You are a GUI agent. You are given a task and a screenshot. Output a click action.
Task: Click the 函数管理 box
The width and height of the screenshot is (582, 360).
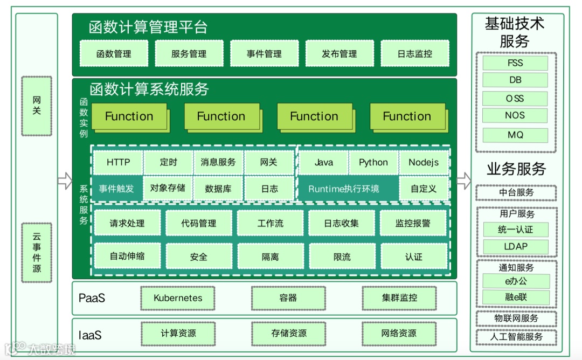click(x=114, y=54)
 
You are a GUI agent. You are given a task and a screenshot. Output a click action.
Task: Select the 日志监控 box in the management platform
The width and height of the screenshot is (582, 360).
click(x=415, y=54)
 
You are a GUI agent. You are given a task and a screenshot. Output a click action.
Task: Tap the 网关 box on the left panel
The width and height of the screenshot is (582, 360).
click(x=37, y=106)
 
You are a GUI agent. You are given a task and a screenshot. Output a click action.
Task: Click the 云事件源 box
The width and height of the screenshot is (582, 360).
click(x=37, y=252)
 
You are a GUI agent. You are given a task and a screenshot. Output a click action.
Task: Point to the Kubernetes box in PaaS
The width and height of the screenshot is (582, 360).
click(x=178, y=298)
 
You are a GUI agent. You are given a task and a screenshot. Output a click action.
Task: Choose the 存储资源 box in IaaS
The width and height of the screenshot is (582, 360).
click(x=289, y=334)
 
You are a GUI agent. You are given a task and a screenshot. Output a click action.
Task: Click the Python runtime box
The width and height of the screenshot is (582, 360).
click(x=373, y=162)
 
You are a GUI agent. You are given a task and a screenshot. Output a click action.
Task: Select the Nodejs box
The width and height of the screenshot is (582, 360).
click(x=424, y=162)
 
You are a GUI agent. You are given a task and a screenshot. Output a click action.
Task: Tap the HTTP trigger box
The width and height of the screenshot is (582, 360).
click(x=118, y=162)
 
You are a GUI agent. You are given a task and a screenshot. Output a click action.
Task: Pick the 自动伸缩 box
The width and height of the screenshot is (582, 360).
click(x=127, y=256)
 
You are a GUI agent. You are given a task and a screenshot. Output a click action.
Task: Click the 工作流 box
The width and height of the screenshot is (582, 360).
click(x=271, y=223)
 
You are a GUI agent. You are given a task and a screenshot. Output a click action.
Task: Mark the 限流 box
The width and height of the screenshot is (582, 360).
click(x=342, y=257)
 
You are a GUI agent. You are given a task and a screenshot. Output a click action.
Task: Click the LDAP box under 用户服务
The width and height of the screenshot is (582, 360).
click(x=516, y=246)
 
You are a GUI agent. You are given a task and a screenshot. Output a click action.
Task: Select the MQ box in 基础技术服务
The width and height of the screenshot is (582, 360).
click(x=516, y=135)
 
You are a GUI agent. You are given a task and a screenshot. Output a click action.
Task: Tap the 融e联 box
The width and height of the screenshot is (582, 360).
click(x=516, y=297)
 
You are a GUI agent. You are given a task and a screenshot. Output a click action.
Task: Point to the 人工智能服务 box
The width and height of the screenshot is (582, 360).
click(x=516, y=337)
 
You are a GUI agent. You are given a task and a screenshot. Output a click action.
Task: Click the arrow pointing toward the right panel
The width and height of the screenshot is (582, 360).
click(x=463, y=181)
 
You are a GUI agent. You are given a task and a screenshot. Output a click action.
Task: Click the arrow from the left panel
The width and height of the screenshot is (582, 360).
click(x=65, y=181)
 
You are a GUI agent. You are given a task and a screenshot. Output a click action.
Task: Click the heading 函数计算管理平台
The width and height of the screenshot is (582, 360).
click(x=148, y=27)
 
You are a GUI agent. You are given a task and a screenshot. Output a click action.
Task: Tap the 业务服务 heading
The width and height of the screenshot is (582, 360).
click(x=516, y=169)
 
